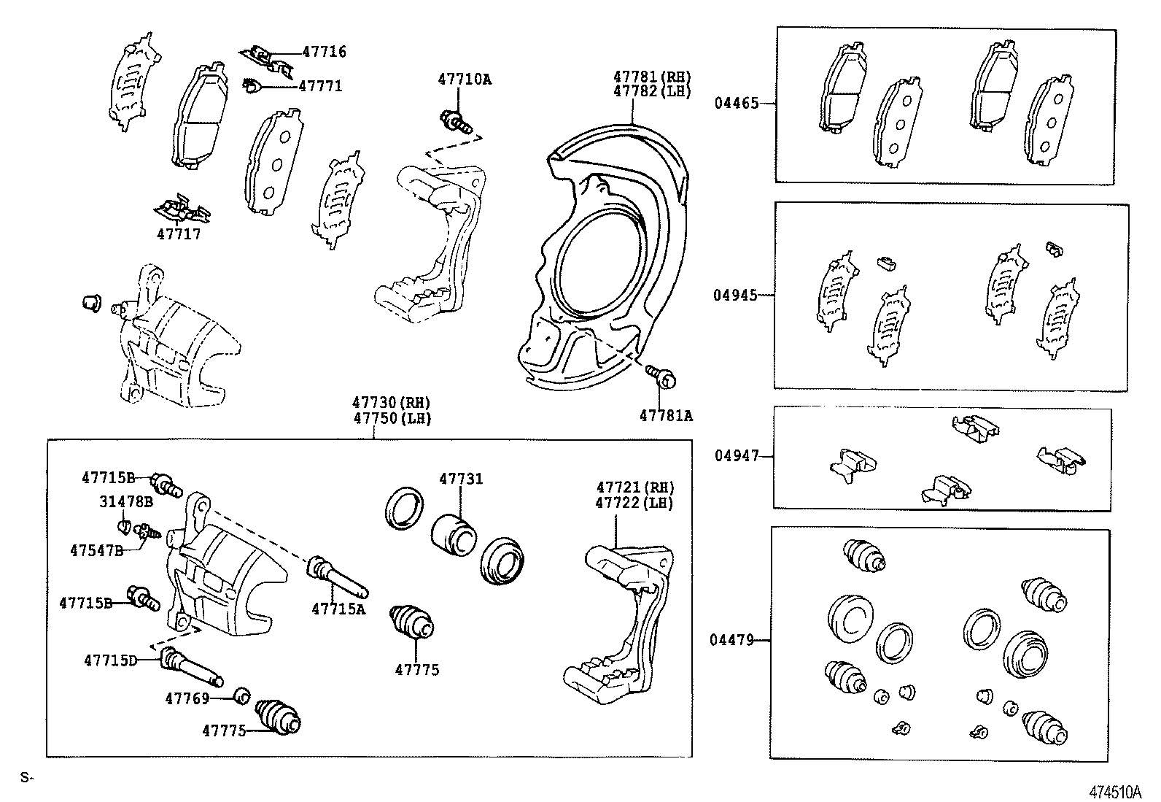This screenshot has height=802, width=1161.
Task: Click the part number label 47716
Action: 325,52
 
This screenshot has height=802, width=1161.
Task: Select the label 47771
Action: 320,86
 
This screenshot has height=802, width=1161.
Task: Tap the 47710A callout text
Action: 465,79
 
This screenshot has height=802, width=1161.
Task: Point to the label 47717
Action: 179,234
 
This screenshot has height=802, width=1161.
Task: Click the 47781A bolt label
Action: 666,416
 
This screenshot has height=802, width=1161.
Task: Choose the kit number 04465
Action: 736,104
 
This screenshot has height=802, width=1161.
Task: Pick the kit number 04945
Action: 736,296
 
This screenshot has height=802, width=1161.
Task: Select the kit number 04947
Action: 737,456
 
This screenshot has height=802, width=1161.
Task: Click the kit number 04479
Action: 731,641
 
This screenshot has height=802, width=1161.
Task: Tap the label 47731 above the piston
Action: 461,479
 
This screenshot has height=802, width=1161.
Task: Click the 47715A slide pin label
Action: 338,609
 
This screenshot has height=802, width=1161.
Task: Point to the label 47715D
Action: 110,660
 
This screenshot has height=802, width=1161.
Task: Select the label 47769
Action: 187,699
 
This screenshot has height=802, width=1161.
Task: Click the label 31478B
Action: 126,502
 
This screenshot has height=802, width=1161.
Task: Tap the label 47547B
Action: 97,550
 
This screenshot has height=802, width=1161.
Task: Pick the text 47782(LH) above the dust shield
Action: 651,91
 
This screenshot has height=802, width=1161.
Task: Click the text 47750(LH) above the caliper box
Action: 392,419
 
